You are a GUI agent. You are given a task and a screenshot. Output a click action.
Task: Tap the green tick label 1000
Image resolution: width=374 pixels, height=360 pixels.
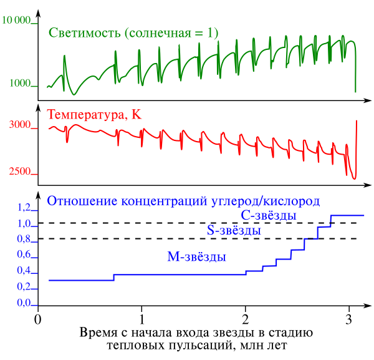coord(21,84)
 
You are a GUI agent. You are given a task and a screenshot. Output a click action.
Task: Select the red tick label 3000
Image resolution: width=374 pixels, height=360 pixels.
coord(21,125)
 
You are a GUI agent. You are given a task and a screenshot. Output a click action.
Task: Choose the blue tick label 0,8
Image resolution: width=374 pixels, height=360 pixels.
coord(24,240)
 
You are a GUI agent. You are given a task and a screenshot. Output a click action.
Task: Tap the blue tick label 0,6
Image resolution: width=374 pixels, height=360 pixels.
coord(24,255)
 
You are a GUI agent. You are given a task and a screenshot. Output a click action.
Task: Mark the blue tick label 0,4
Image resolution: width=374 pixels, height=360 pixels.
coord(24,271)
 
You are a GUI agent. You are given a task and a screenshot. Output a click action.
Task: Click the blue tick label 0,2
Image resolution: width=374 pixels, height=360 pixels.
coord(24,287)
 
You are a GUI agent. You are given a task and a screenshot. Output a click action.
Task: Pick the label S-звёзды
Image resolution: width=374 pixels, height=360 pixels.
coord(234,231)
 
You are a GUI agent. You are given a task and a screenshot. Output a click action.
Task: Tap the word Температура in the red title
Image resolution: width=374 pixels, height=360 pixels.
coord(87,115)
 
